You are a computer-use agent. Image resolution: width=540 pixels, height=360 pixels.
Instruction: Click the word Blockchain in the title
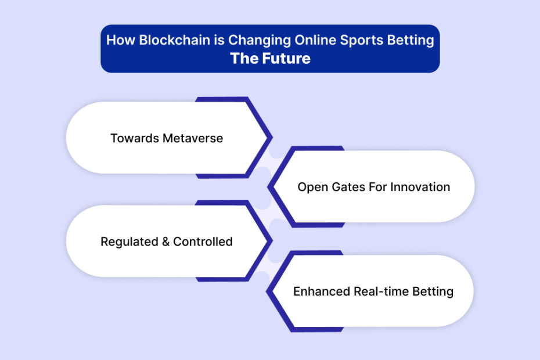(x=175, y=40)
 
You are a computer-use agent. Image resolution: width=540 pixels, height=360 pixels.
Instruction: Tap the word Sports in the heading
(x=362, y=41)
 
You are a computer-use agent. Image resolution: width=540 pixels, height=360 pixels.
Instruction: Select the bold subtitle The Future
(x=271, y=59)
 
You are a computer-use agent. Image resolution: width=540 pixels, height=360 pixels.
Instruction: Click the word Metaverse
(x=193, y=138)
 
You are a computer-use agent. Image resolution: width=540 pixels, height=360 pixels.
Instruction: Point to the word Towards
(x=135, y=138)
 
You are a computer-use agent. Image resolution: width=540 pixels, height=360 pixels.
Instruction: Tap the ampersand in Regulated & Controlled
(x=165, y=242)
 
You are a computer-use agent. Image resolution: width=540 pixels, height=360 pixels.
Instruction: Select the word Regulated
(x=129, y=242)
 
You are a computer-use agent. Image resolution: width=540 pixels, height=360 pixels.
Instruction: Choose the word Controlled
(x=203, y=242)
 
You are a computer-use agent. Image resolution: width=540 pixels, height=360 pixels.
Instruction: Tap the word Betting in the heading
(x=411, y=41)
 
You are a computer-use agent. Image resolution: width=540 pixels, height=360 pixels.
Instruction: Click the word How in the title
(x=121, y=40)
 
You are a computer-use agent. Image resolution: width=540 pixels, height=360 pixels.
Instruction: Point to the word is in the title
(x=219, y=40)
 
